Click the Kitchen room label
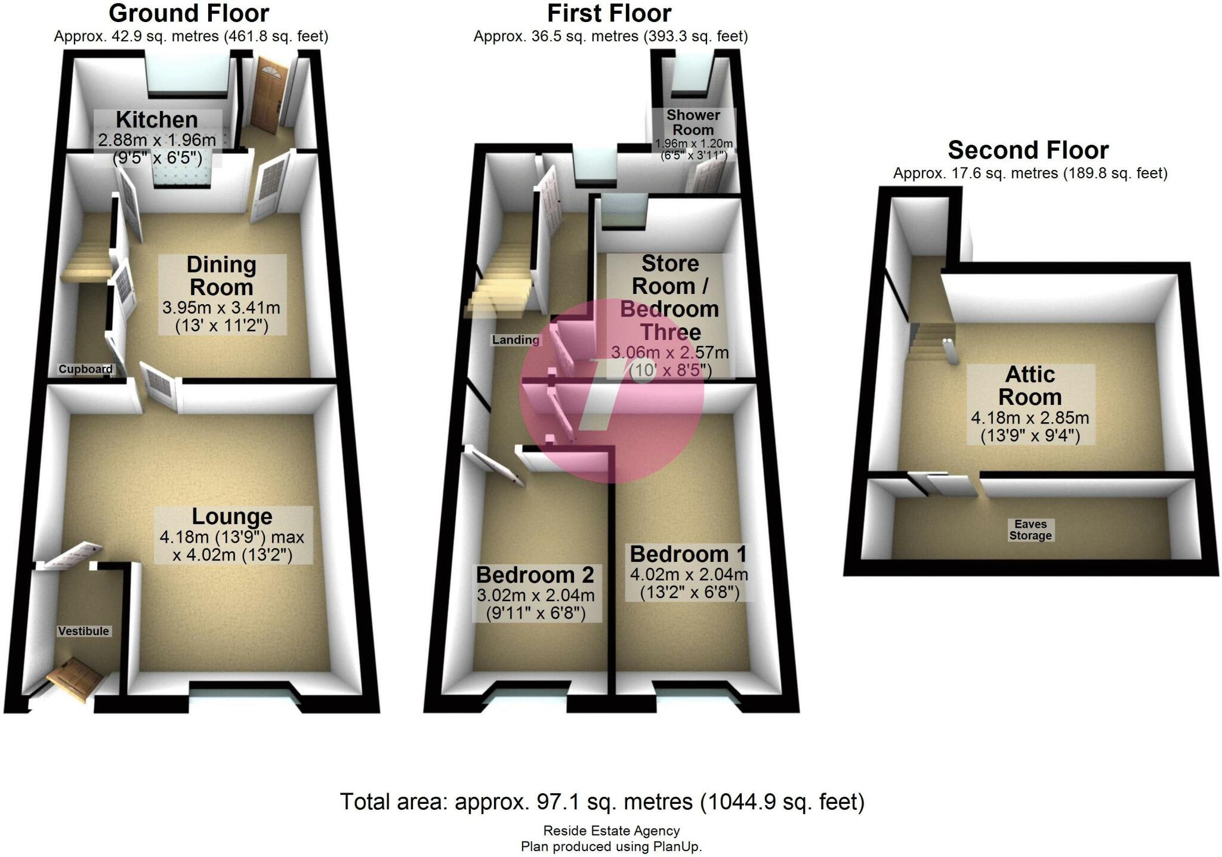pyautogui.click(x=156, y=120)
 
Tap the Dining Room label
pyautogui.click(x=221, y=276)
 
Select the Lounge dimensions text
pyautogui.click(x=232, y=546)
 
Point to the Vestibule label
pyautogui.click(x=84, y=631)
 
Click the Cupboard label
pyautogui.click(x=85, y=369)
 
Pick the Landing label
pyautogui.click(x=516, y=340)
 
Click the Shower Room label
pyautogui.click(x=693, y=122)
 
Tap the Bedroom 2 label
pyautogui.click(x=535, y=575)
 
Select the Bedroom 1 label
pyautogui.click(x=688, y=554)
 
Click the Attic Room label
pyautogui.click(x=1030, y=385)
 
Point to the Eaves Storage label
pyautogui.click(x=1030, y=530)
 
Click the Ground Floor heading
pyautogui.click(x=189, y=13)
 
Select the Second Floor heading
pyautogui.click(x=1028, y=150)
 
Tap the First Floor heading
pyautogui.click(x=609, y=13)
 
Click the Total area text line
pyautogui.click(x=602, y=802)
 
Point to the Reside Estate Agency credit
pyautogui.click(x=611, y=830)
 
